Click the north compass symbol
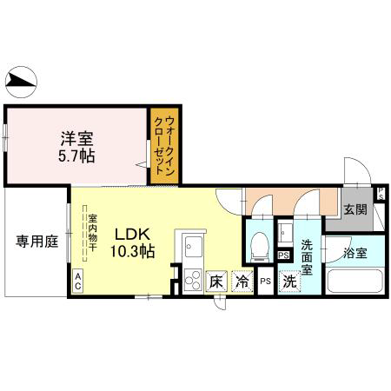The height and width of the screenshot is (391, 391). coord(21,82)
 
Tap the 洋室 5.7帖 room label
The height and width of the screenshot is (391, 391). coord(76,147)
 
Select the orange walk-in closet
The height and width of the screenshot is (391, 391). coord(164,146)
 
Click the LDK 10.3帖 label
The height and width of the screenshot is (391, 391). coord(132,242)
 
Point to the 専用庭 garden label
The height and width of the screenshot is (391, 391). coord(37,242)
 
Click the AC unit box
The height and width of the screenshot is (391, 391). coord(77,281)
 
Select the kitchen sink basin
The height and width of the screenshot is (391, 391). coord(194,247)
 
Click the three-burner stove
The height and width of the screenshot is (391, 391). coord(193,280)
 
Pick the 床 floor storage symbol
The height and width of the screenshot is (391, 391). coord(216,282)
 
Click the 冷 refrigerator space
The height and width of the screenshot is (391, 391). coord(242,282)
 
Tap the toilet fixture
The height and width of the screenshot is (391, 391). coord(260,247)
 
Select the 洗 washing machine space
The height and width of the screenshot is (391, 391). coord(289,282)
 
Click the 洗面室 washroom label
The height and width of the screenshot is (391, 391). coord(307,257)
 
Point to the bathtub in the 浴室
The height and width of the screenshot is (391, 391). coord(355,281)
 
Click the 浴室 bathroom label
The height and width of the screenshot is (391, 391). coord(355,253)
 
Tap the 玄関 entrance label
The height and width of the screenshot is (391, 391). coord(355,209)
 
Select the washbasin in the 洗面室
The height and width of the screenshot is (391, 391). coord(285,233)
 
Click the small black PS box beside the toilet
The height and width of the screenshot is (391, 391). coord(283,255)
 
